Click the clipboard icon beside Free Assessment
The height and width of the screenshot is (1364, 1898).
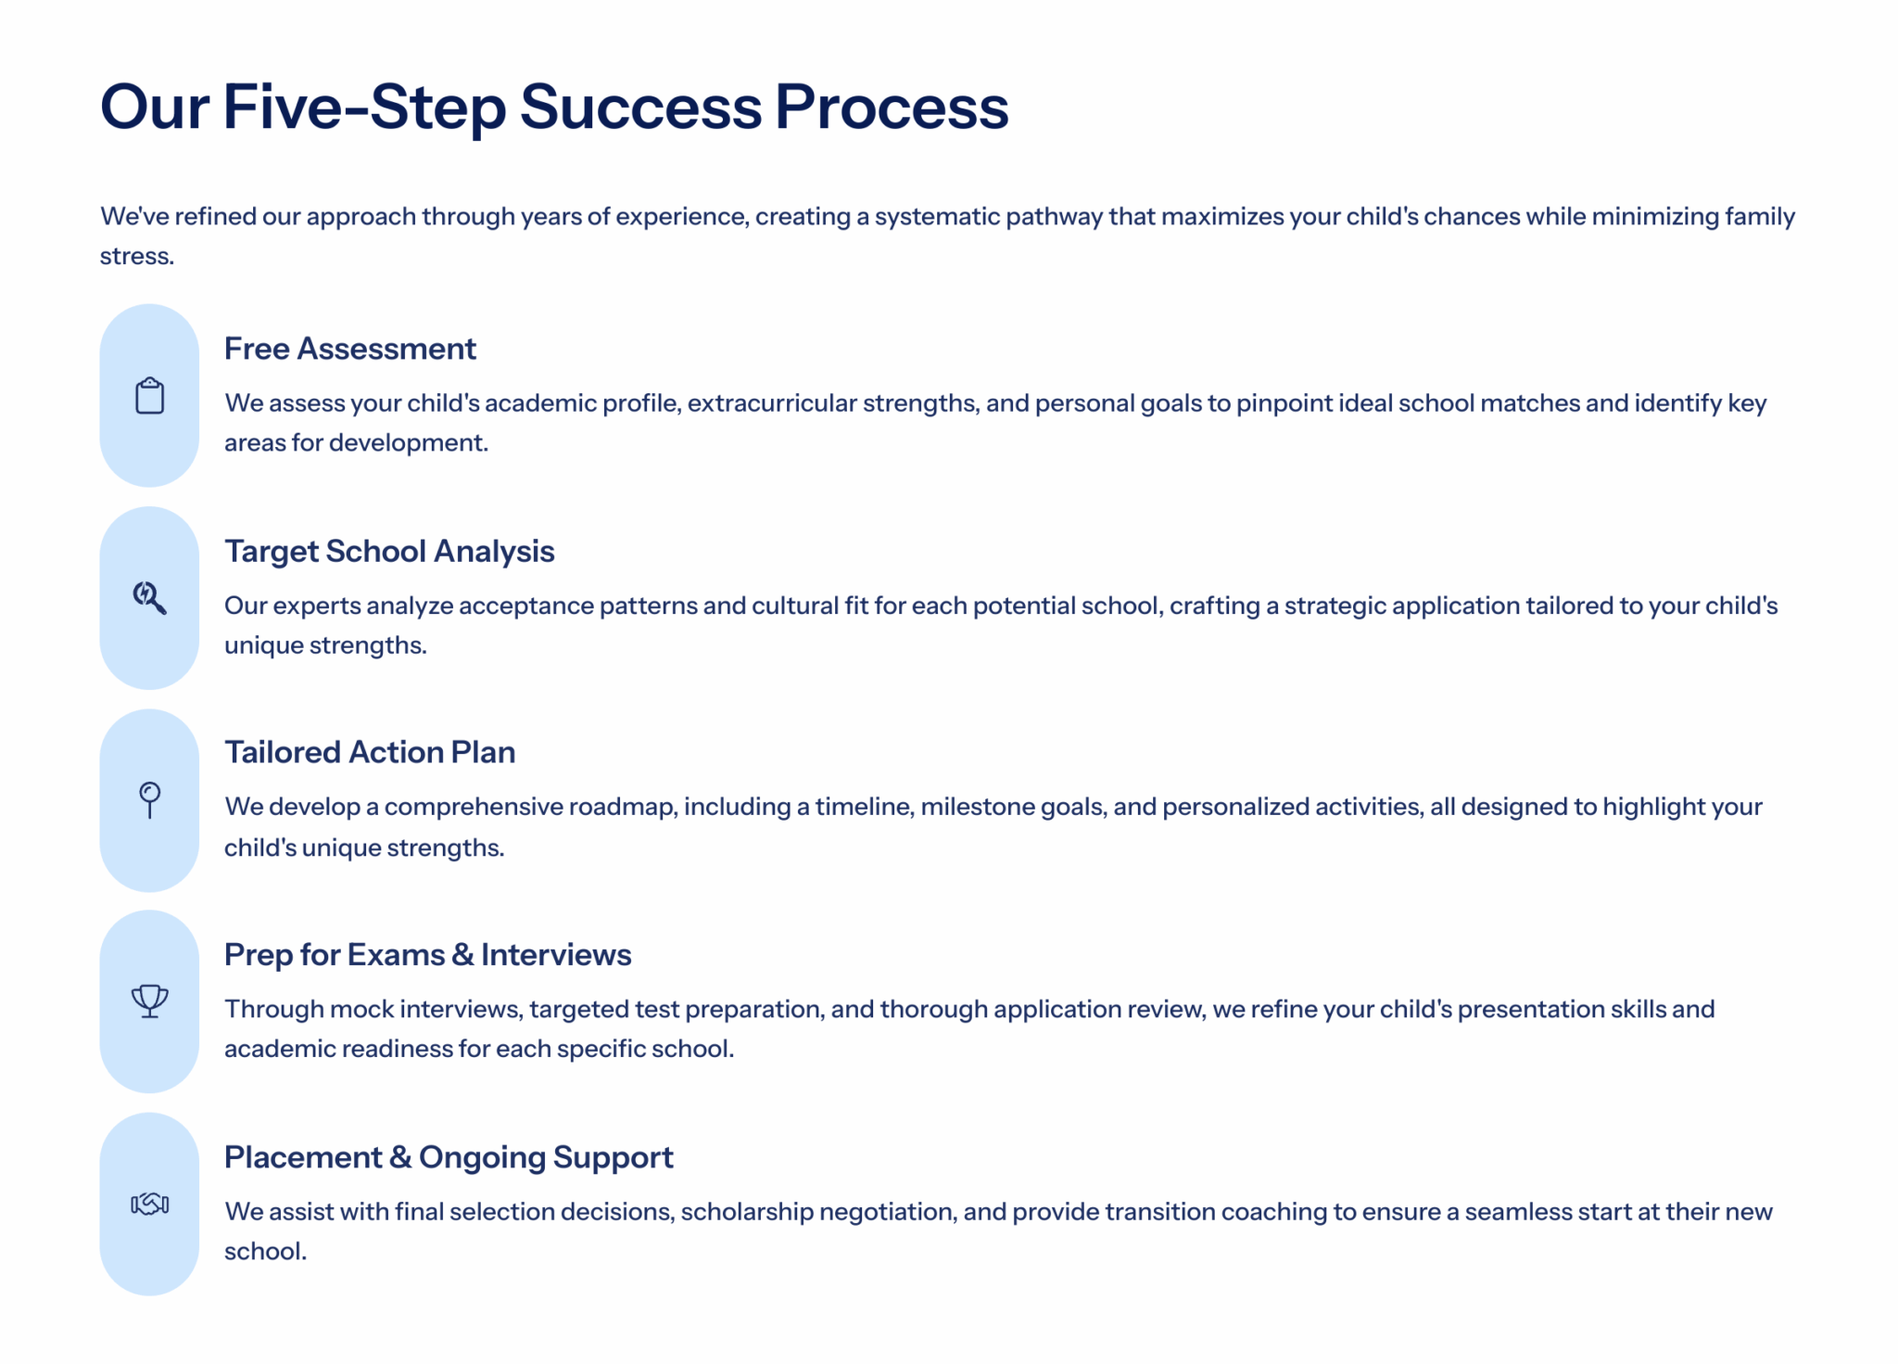point(149,396)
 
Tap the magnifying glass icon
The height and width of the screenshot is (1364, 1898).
point(149,598)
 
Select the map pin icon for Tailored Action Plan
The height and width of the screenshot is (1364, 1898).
point(149,800)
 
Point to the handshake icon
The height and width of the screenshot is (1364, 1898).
point(149,1204)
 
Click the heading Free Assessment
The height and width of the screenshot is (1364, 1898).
point(349,349)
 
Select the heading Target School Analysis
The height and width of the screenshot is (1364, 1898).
point(389,551)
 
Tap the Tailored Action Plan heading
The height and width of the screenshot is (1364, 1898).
point(370,752)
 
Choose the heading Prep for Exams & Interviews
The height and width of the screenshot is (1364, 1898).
point(428,954)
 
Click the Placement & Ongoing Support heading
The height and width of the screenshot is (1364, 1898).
point(449,1157)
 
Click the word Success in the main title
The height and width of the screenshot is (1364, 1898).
point(640,107)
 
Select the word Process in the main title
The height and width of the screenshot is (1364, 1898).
point(892,107)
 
